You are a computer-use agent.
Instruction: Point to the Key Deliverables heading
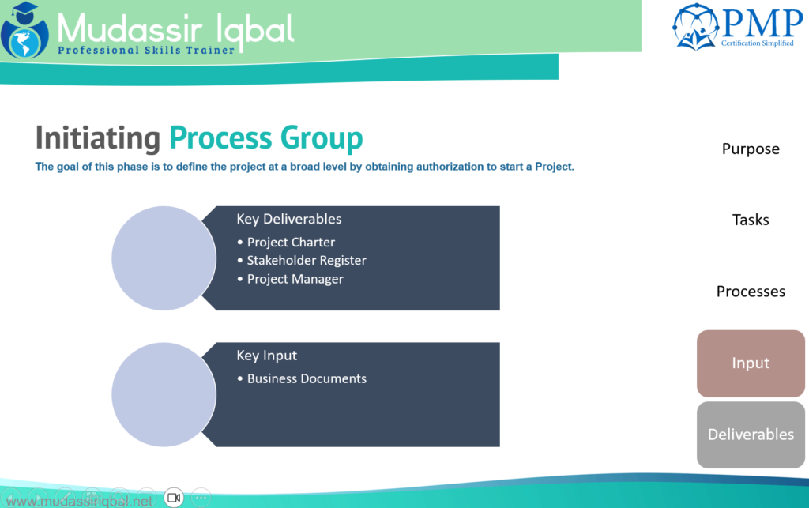point(289,219)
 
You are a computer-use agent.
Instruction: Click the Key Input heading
point(267,356)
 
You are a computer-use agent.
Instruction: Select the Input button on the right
point(751,363)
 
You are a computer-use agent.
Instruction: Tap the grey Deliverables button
point(751,435)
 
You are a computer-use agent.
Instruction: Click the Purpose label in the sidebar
point(751,149)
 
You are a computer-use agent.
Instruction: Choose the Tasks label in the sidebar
point(751,220)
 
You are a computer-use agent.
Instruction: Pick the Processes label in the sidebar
point(751,292)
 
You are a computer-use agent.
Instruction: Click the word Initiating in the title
point(97,138)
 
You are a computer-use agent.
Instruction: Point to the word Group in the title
point(322,138)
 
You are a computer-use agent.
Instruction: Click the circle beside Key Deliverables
point(164,258)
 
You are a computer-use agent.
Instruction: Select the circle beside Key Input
point(164,394)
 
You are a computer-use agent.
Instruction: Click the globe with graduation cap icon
point(24,30)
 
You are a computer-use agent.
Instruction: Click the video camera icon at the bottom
point(174,498)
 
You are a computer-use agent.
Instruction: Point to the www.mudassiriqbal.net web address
point(80,501)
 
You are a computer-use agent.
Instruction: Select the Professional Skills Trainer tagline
point(146,50)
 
